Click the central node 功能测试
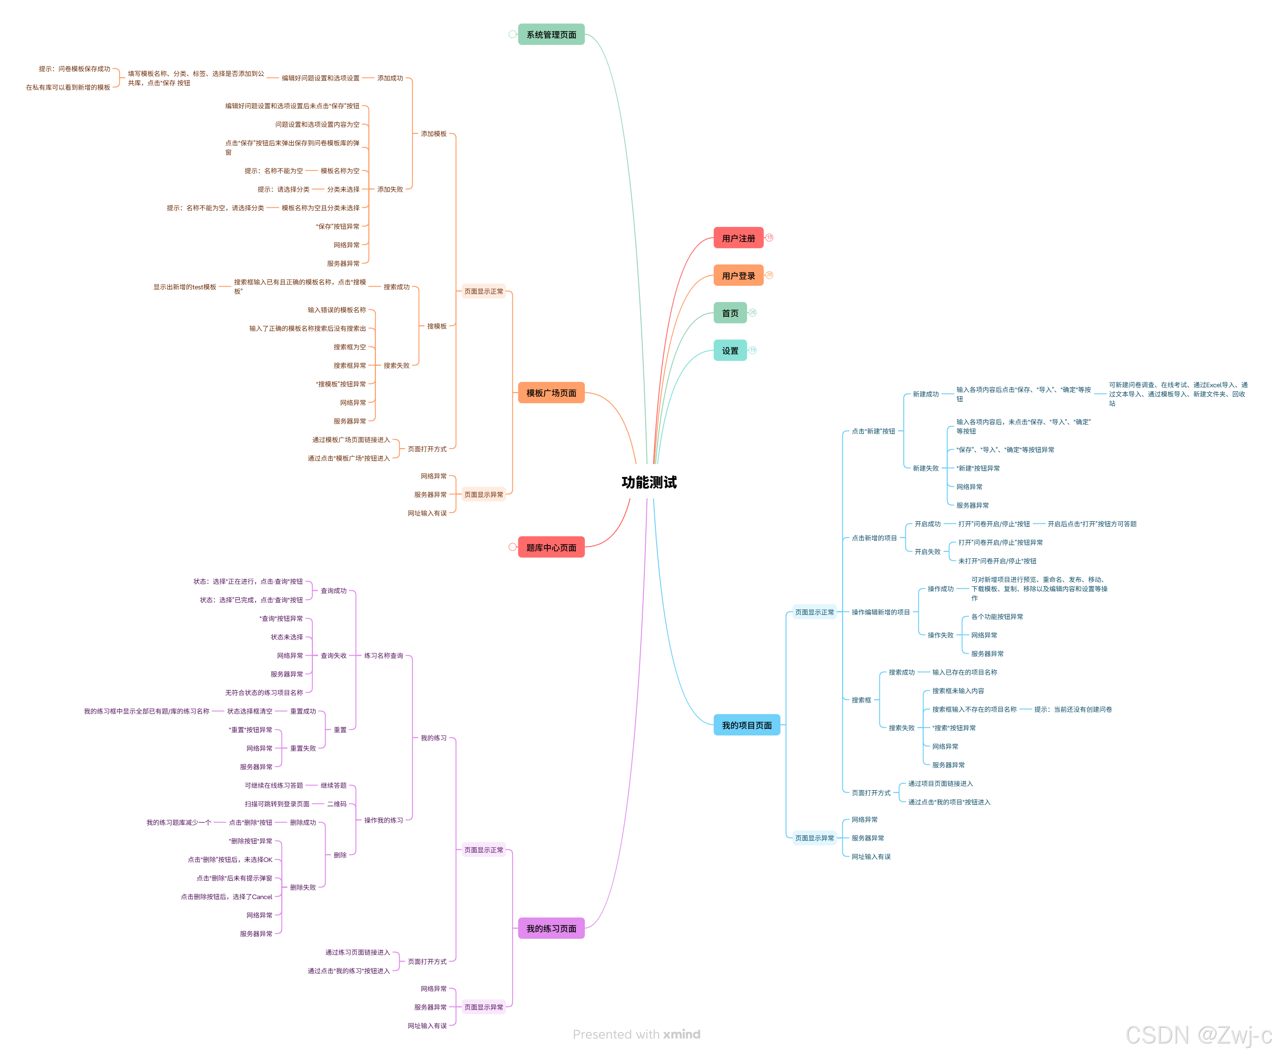point(648,483)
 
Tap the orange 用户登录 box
point(738,276)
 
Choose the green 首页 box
point(730,313)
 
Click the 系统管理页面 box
point(551,34)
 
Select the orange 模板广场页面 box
point(551,393)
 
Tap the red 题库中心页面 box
point(551,547)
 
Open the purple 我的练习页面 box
point(551,928)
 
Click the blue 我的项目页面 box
point(746,725)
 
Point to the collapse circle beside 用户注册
point(769,238)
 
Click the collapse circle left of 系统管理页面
point(512,34)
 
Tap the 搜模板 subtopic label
point(436,326)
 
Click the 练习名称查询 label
point(383,655)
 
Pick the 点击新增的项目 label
point(874,538)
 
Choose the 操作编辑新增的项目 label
point(880,612)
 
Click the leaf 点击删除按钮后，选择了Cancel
point(226,897)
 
